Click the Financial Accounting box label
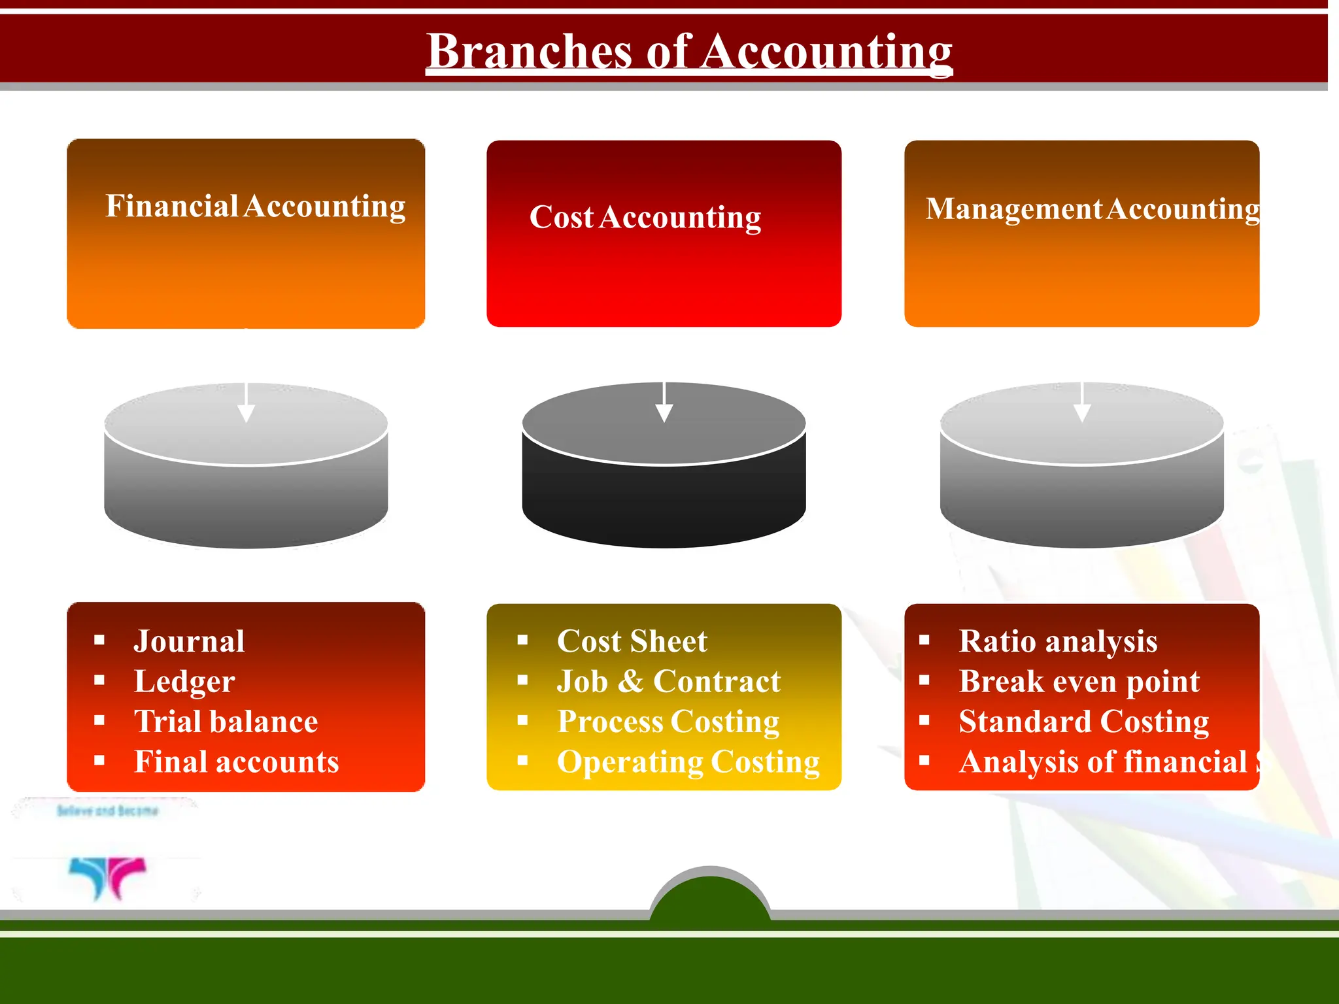255,206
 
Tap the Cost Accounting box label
645,217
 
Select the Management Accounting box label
1092,209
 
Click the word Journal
190,641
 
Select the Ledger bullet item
184,682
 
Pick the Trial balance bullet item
226,722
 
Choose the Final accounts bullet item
237,762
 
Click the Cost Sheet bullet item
632,641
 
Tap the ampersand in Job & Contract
630,682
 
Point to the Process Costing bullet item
668,722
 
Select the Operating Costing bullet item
688,762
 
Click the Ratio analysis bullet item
1058,641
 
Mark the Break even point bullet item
1079,682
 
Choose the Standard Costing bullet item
1084,722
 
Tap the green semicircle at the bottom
711,899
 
